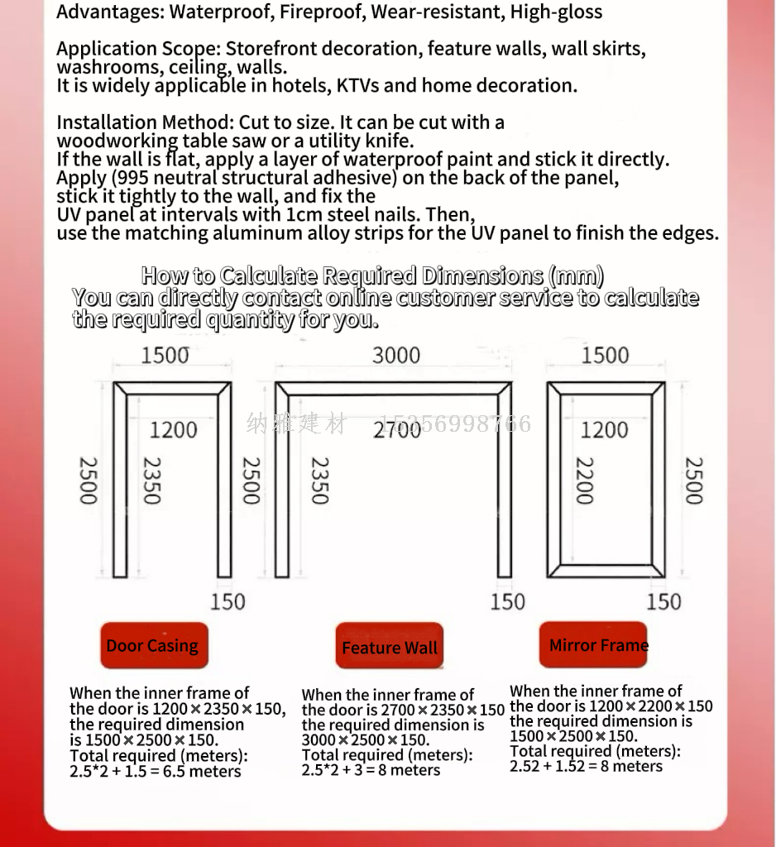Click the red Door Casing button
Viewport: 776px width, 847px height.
pos(153,645)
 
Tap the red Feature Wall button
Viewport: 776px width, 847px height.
pos(390,648)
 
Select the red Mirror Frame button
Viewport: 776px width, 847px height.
pos(594,644)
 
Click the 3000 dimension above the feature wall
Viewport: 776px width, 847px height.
pos(395,356)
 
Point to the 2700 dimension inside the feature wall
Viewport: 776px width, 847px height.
pos(396,430)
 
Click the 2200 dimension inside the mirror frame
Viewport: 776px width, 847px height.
pos(584,481)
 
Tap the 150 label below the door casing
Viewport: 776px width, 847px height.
pos(228,601)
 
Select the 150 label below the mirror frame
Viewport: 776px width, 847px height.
pos(663,601)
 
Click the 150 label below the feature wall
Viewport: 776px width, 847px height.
pos(507,601)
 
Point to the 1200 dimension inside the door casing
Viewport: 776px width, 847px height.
pos(174,430)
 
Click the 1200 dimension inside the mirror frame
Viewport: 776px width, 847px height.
pos(605,430)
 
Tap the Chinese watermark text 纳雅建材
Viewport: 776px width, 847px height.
pos(296,424)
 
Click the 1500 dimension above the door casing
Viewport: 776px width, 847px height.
pos(165,356)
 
